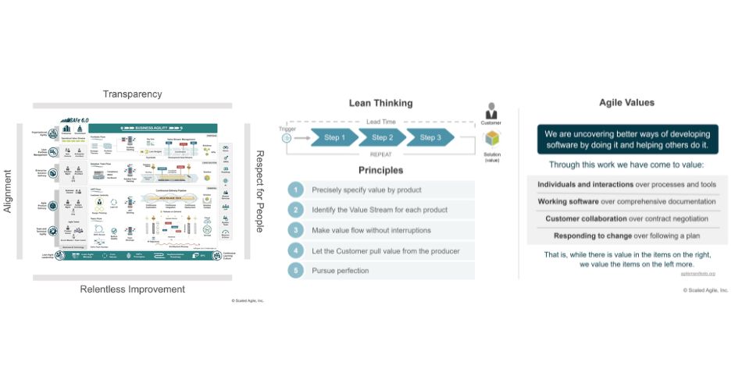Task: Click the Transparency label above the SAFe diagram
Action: (x=133, y=94)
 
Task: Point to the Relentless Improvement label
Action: (x=133, y=289)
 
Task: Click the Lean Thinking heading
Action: (x=380, y=103)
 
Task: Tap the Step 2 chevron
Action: (x=382, y=138)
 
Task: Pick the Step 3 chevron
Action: (x=430, y=138)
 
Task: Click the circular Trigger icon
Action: (x=287, y=138)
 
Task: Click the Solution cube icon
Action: (x=491, y=139)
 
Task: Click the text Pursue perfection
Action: (x=340, y=271)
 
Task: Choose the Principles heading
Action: (x=380, y=170)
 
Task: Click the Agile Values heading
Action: (x=626, y=102)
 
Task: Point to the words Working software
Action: (x=569, y=201)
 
